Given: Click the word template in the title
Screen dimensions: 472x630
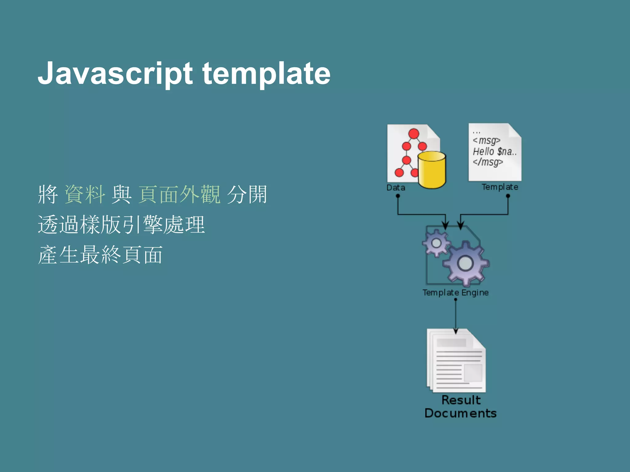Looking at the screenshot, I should (x=266, y=74).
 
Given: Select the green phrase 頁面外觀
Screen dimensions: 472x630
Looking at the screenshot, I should (x=179, y=195).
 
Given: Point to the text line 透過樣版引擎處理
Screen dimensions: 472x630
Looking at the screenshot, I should (x=121, y=225).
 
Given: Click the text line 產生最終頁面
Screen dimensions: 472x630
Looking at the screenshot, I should (x=100, y=255).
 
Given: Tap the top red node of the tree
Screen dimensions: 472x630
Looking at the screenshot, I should (x=414, y=134).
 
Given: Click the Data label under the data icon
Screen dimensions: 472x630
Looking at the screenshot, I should (x=396, y=187).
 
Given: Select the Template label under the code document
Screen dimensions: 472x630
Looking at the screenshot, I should (x=500, y=187).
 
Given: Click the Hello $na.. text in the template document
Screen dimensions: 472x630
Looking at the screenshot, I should (x=495, y=151).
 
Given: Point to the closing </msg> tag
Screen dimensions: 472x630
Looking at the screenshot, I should (x=488, y=162).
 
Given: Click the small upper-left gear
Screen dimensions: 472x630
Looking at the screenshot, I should (x=436, y=243).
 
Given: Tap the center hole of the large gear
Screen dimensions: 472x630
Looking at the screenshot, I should (x=465, y=263).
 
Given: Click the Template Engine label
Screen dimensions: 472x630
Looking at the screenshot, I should (x=455, y=293).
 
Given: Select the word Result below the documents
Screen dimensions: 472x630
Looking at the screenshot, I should (x=461, y=400).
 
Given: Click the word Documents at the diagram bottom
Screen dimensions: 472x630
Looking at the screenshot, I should (x=461, y=413).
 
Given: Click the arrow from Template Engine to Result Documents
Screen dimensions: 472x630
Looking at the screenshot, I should (x=456, y=317).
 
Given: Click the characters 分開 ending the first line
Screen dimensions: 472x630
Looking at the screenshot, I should (x=247, y=195).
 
